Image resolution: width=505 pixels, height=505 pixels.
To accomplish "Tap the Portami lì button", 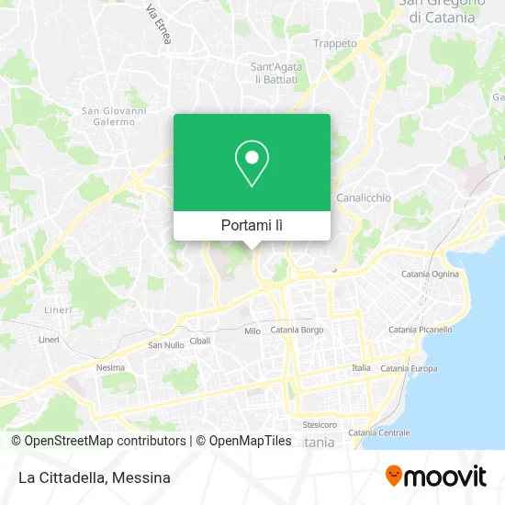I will coord(252,225).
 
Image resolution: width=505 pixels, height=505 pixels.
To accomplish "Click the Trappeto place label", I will coord(334,43).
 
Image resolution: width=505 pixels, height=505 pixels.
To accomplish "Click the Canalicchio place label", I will coord(364,197).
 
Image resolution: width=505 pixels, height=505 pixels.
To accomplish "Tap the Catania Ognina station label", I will coord(431,274).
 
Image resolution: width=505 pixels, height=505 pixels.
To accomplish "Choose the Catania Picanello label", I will coord(420,329).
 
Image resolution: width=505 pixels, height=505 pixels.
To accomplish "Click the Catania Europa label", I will coord(408,368).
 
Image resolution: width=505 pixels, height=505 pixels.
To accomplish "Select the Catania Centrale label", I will coord(378,432).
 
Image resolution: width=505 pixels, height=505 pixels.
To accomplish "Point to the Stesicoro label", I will coord(320,425).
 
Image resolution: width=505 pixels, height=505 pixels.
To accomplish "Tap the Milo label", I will coord(252,331).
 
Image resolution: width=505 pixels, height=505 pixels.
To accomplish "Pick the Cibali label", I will coord(200,340).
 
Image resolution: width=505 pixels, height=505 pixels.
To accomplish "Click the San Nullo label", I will coord(166,345).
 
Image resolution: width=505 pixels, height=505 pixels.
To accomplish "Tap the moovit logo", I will coord(435,476).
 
